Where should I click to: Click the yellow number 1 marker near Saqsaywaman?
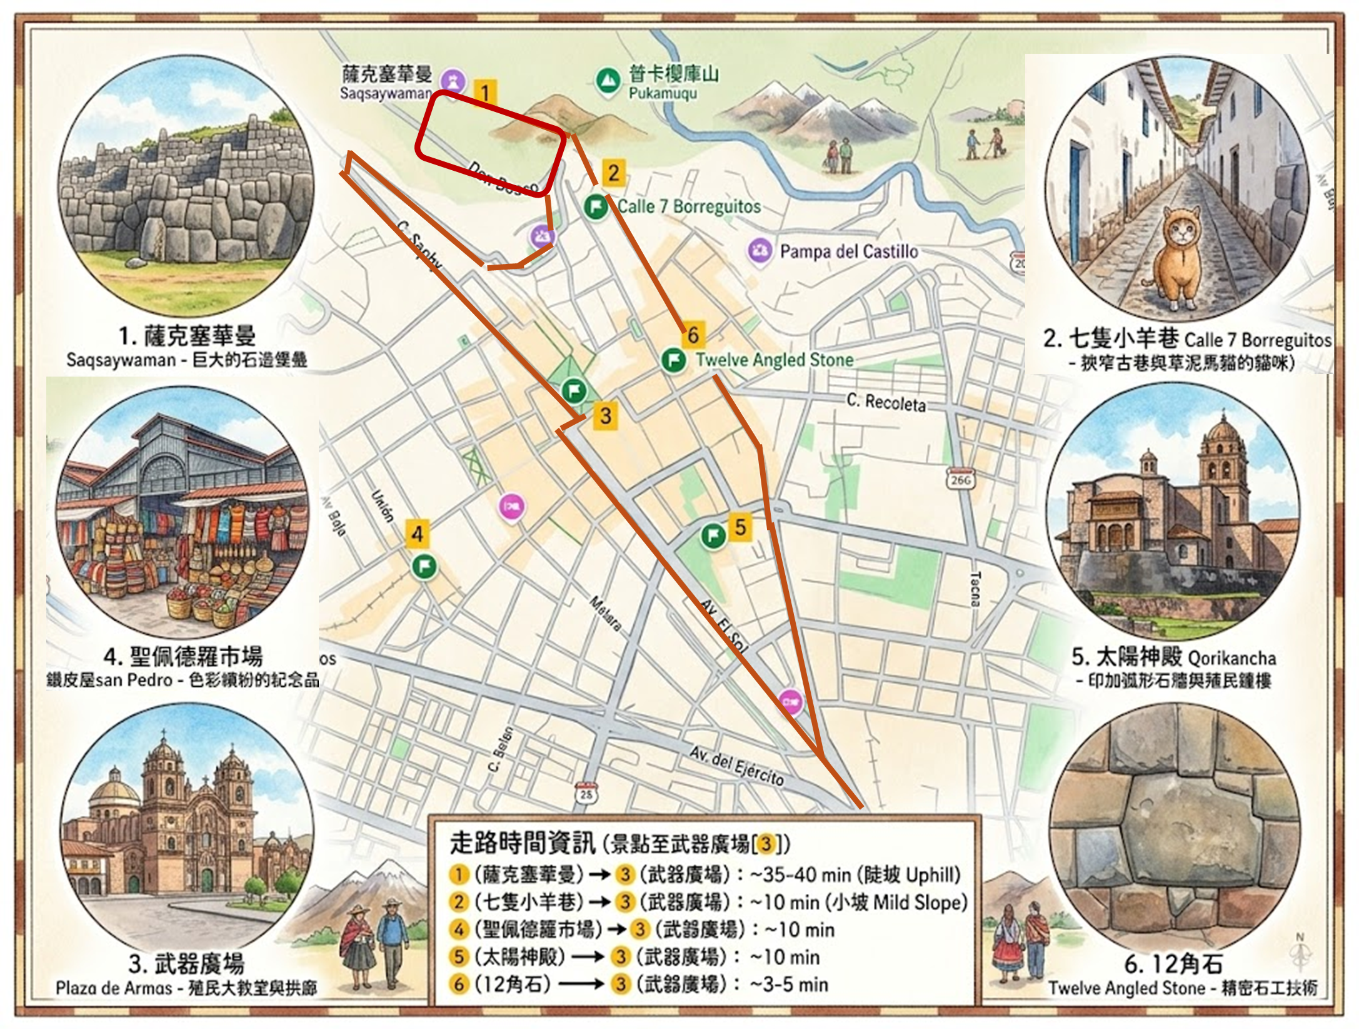pyautogui.click(x=485, y=93)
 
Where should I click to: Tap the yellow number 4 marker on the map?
pyautogui.click(x=418, y=534)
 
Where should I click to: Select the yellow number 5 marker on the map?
pyautogui.click(x=740, y=527)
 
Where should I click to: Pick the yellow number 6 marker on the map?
pyautogui.click(x=693, y=335)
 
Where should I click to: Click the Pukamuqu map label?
pyautogui.click(x=663, y=94)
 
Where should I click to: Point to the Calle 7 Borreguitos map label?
pyautogui.click(x=689, y=206)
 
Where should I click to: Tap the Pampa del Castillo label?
pyautogui.click(x=848, y=251)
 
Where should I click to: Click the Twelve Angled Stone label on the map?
pyautogui.click(x=775, y=360)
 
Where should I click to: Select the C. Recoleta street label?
pyautogui.click(x=886, y=402)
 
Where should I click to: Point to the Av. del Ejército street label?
pyautogui.click(x=736, y=765)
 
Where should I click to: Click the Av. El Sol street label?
pyautogui.click(x=723, y=626)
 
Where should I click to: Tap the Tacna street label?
pyautogui.click(x=975, y=588)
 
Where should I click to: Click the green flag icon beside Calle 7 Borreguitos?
pyautogui.click(x=596, y=206)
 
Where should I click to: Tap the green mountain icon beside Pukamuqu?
pyautogui.click(x=604, y=80)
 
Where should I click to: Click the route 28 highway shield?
pyautogui.click(x=586, y=793)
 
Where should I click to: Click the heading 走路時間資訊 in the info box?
pyautogui.click(x=522, y=843)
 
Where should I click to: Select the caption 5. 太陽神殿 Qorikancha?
pyautogui.click(x=1173, y=657)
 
